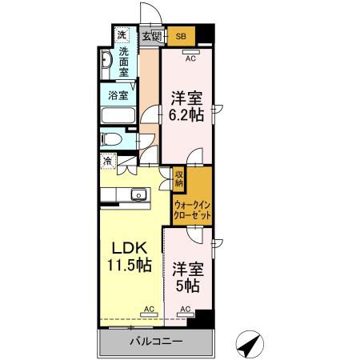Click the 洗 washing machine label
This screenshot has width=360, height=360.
pyautogui.click(x=122, y=35)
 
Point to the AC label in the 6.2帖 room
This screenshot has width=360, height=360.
pyautogui.click(x=190, y=58)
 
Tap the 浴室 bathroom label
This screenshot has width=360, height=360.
pyautogui.click(x=118, y=94)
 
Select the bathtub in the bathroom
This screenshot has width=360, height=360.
pyautogui.click(x=121, y=115)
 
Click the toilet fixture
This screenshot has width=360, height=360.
pyautogui.click(x=113, y=139)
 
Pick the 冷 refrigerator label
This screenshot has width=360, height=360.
pyautogui.click(x=107, y=161)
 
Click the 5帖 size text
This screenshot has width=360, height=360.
pyautogui.click(x=187, y=285)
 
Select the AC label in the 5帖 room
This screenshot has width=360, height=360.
pyautogui.click(x=186, y=308)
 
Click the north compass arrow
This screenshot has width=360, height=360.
pyautogui.click(x=250, y=346)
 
